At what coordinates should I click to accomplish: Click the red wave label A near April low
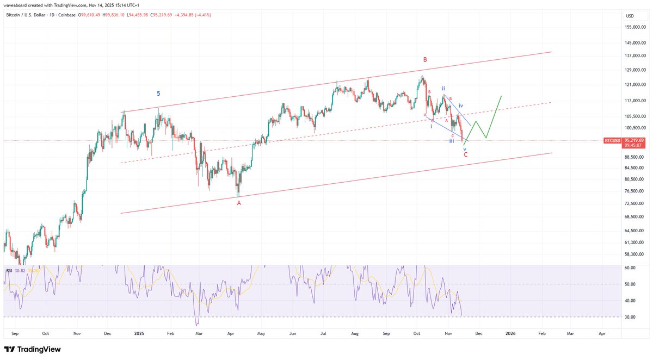click(x=238, y=203)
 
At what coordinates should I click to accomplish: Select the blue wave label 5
click(x=158, y=94)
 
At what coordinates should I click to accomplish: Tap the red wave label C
click(x=465, y=154)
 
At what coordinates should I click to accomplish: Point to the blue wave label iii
click(x=452, y=141)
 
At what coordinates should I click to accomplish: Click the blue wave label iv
click(x=461, y=105)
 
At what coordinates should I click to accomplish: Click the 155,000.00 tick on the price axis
click(x=635, y=27)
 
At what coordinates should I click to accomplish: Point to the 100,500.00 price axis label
click(x=635, y=128)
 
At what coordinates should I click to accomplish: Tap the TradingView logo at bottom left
click(x=33, y=349)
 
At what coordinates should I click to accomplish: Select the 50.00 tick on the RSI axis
click(x=631, y=284)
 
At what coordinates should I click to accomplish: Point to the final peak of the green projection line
click(x=501, y=96)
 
